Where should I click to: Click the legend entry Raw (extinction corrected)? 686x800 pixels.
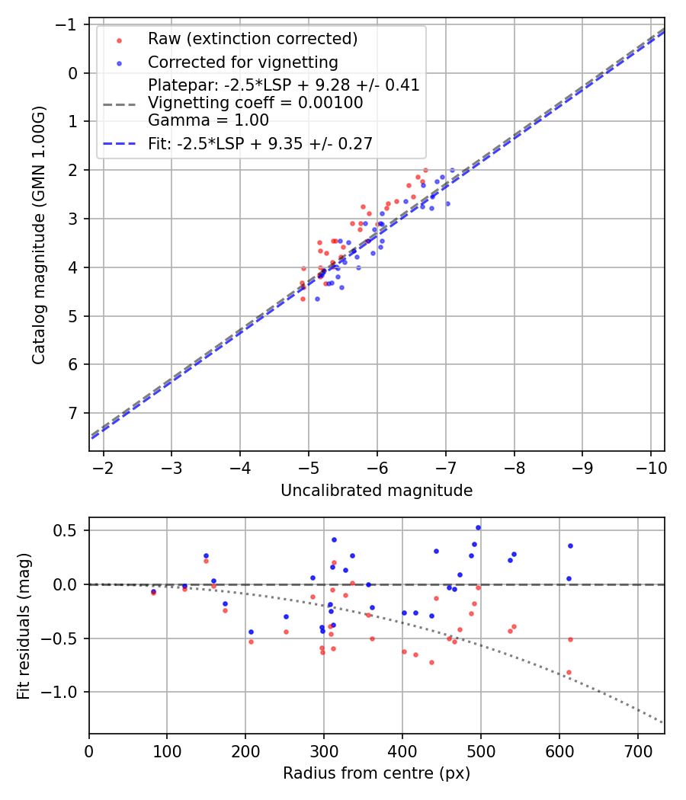click(252, 39)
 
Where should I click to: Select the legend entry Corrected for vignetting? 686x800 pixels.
click(243, 62)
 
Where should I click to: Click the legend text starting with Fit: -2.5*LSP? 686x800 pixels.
click(260, 144)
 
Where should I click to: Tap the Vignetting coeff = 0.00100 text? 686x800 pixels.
click(255, 103)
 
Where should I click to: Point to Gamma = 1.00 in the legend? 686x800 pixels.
click(208, 120)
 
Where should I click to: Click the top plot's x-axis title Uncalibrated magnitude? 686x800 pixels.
click(377, 491)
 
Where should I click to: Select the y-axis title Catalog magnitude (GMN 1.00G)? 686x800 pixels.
click(39, 235)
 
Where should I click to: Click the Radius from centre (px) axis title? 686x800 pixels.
click(377, 773)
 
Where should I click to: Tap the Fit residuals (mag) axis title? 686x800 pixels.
click(24, 626)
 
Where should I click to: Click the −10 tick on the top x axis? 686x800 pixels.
click(650, 466)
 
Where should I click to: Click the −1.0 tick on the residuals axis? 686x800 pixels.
click(63, 692)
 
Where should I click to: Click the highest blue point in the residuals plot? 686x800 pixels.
click(478, 527)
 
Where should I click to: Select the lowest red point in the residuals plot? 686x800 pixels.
click(569, 672)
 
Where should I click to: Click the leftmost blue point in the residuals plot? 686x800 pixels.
click(153, 590)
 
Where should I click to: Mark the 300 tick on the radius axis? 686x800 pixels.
click(324, 750)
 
